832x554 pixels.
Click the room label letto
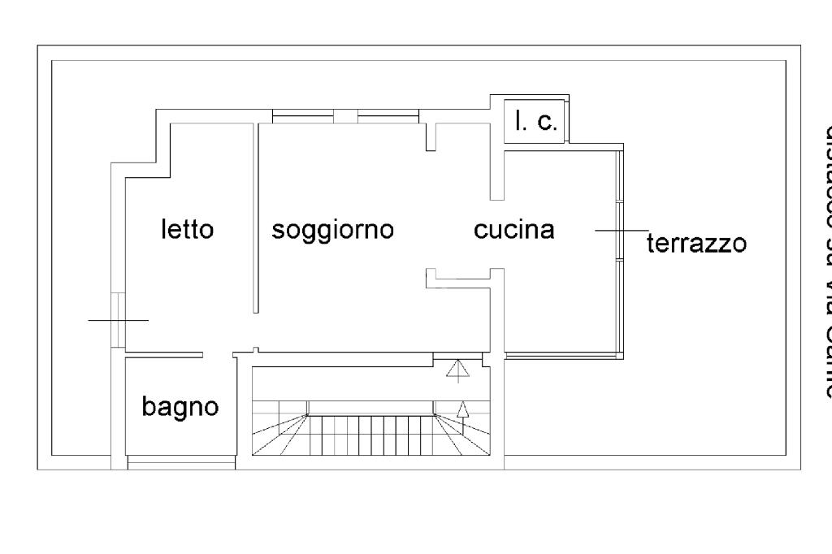click(187, 230)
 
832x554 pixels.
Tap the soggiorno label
click(332, 230)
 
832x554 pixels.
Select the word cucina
click(514, 230)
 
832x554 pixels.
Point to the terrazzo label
click(696, 243)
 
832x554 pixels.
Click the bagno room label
click(180, 405)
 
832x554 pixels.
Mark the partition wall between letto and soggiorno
click(256, 218)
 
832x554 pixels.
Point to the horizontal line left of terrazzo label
click(622, 231)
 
